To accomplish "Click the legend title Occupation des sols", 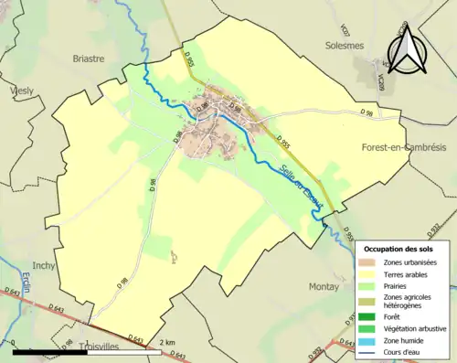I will pyautogui.click(x=399, y=249).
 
